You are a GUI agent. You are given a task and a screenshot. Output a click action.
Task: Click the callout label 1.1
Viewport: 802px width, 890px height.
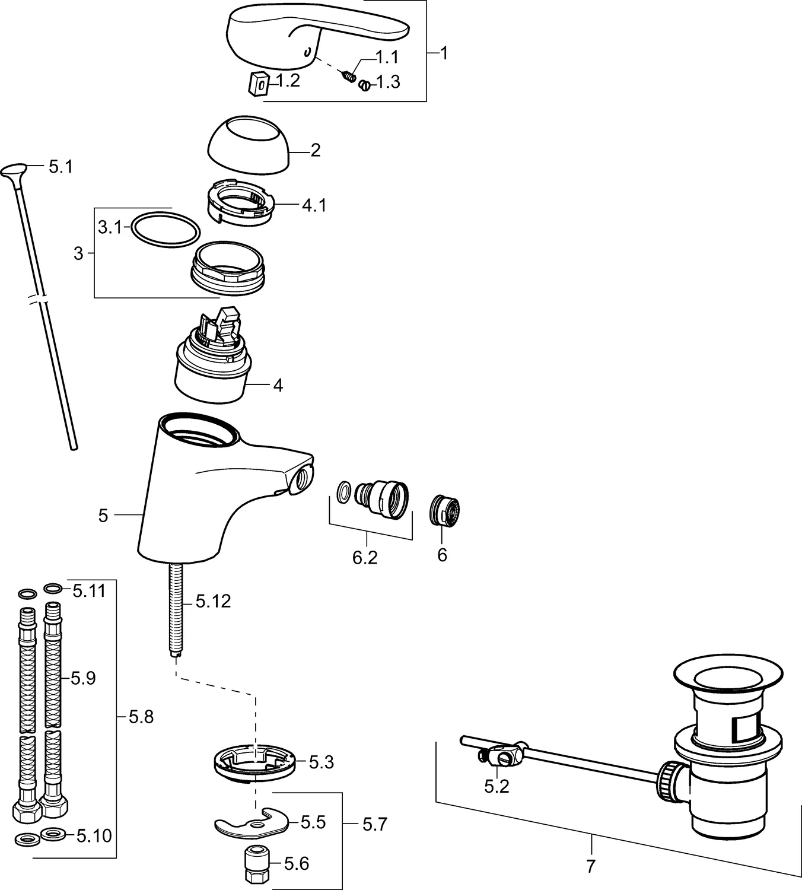[x=387, y=57]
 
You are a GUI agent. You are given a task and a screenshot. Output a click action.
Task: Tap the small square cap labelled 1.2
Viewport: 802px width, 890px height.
[x=258, y=83]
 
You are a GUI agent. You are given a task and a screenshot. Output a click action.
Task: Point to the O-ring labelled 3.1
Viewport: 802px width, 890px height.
[x=166, y=228]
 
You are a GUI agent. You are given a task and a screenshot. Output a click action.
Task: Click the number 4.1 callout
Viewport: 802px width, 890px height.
[x=314, y=205]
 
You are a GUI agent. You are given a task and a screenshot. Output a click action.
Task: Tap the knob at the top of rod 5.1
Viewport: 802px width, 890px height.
[x=15, y=171]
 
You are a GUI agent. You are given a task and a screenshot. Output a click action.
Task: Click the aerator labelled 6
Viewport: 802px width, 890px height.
[x=444, y=511]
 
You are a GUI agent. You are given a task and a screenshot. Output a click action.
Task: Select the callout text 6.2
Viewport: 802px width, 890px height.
[x=365, y=558]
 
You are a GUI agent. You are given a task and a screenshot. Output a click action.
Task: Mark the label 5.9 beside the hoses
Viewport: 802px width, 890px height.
[x=84, y=678]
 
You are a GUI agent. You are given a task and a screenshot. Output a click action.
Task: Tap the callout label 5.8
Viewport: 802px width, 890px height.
[x=141, y=729]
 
